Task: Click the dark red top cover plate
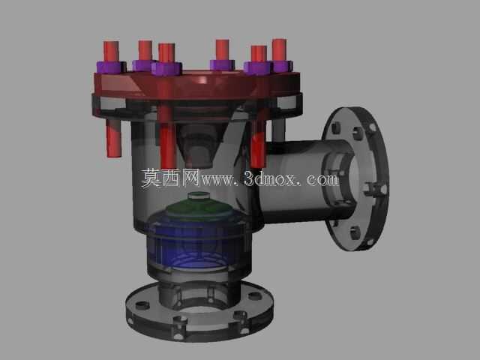196,85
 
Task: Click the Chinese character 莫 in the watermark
151,178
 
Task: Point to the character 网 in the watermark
190,178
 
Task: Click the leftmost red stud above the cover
111,52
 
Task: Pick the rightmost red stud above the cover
279,49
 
